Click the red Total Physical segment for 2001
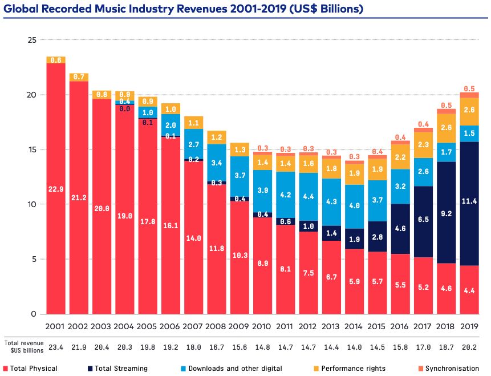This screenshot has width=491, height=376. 56,188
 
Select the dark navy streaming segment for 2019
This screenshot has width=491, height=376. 469,204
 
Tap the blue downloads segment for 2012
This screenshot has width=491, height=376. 309,197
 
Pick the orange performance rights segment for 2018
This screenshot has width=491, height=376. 446,128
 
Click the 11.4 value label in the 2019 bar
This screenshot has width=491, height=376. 469,201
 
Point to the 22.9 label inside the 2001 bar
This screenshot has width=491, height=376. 56,189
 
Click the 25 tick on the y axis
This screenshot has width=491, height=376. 32,40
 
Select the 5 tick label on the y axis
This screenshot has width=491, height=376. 34,259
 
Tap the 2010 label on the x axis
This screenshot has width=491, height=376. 262,326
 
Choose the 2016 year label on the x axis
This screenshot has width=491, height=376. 399,326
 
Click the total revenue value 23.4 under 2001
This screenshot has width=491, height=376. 56,347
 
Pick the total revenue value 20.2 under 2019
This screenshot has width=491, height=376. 469,347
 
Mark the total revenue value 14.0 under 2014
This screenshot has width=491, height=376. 355,347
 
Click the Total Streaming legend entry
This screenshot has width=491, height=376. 117,369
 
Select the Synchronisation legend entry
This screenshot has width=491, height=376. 448,369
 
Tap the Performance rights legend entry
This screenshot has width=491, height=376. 350,369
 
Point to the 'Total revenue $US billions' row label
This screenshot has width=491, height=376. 25,347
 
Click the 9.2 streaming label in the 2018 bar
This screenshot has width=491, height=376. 446,214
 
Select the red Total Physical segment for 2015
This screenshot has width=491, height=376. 378,283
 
